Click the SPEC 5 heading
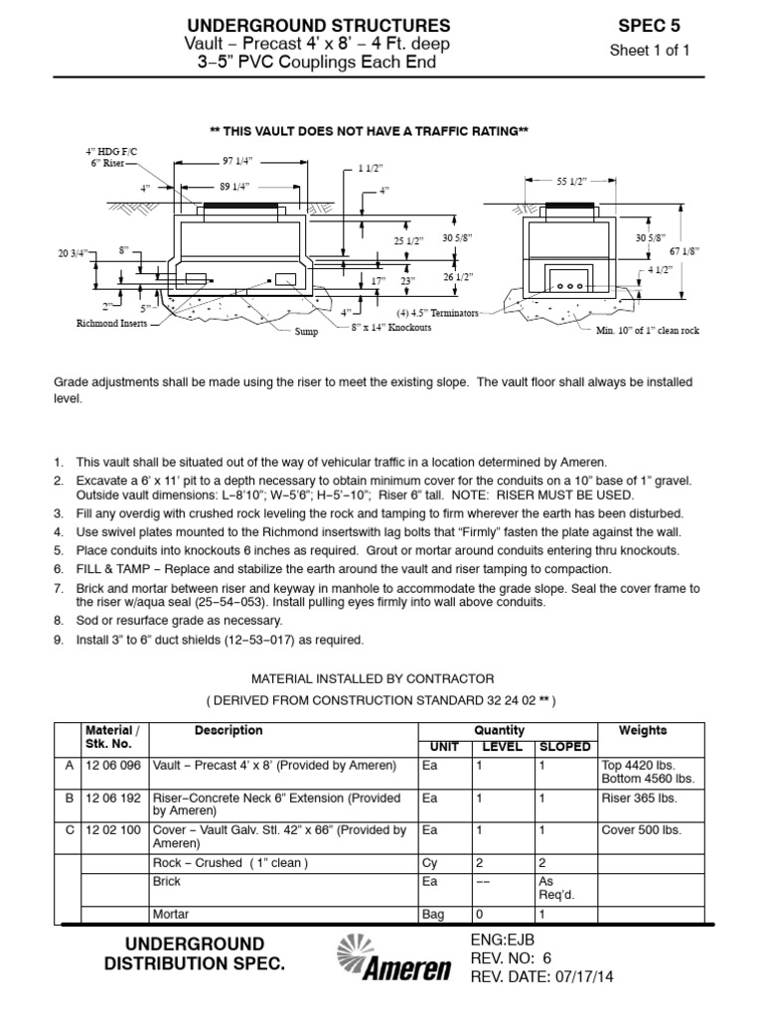pyautogui.click(x=649, y=25)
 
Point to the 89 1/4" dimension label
pyautogui.click(x=233, y=186)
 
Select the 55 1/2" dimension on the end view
pyautogui.click(x=571, y=182)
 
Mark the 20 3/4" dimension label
pyautogui.click(x=74, y=253)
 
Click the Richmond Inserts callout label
pyautogui.click(x=110, y=324)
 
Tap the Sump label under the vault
pyautogui.click(x=306, y=332)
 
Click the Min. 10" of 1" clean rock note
pyautogui.click(x=647, y=330)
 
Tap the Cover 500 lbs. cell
pyautogui.click(x=637, y=830)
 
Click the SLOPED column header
pyautogui.click(x=563, y=746)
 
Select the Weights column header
pyautogui.click(x=642, y=730)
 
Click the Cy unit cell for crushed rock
pyautogui.click(x=429, y=863)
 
